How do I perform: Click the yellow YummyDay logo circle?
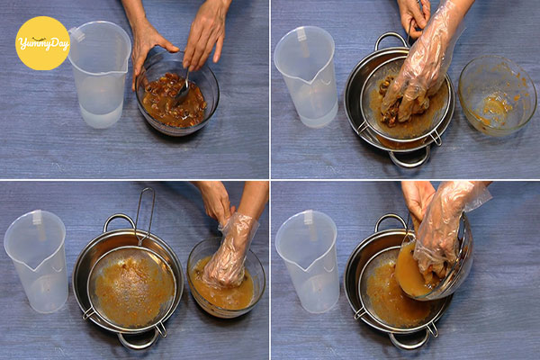42,43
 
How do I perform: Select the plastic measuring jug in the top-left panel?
100,74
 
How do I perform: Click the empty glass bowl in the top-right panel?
493,95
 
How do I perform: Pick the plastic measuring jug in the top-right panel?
305,76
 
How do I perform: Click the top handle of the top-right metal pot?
390,39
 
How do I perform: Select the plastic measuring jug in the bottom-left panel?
37,261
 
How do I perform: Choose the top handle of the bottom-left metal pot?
118,220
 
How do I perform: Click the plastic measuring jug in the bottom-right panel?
307,261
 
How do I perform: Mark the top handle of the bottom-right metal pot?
391,220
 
